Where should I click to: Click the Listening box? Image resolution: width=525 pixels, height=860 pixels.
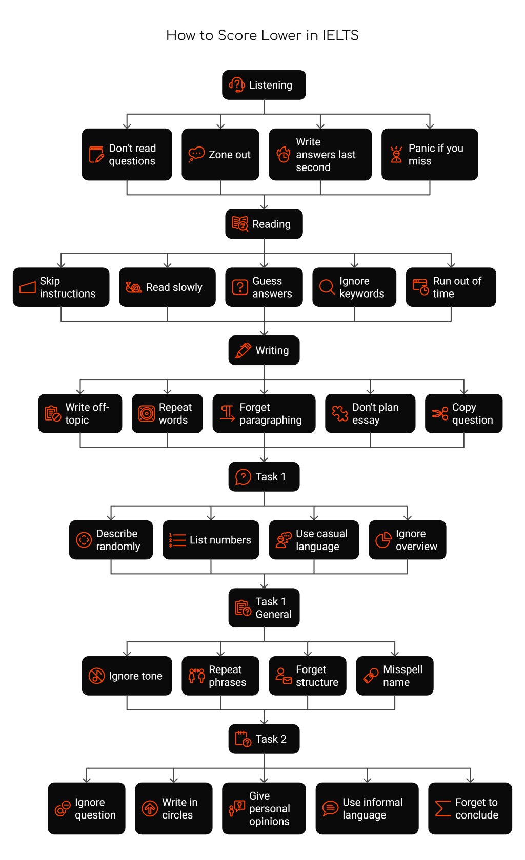click(264, 85)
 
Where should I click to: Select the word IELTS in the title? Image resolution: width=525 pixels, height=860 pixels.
click(340, 35)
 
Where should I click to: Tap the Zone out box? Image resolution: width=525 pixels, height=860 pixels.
click(220, 154)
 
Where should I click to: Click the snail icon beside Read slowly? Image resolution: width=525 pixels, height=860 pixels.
click(133, 287)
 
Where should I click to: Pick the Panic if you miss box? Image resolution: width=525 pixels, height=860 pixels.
click(429, 154)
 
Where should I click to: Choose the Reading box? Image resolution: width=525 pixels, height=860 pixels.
click(264, 224)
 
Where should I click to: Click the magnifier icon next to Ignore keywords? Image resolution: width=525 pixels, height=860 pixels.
click(327, 287)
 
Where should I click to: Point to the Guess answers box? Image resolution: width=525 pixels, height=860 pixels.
click(264, 287)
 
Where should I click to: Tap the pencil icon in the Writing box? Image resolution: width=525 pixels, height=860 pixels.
click(243, 350)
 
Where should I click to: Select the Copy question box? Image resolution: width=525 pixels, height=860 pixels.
click(463, 413)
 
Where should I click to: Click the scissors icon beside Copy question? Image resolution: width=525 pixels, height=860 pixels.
click(439, 413)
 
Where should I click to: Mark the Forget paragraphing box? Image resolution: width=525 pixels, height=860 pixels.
click(264, 413)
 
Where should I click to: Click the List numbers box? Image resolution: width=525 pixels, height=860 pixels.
click(210, 540)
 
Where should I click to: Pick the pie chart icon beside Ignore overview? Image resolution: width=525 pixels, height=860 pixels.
click(383, 540)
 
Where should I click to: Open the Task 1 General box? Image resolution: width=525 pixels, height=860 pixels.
click(264, 607)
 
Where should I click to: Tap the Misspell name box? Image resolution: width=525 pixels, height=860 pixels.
click(394, 676)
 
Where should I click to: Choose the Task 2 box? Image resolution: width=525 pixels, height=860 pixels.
click(264, 739)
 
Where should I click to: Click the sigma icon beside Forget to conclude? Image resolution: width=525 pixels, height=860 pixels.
click(442, 808)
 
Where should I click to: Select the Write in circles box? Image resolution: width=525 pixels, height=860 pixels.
click(173, 808)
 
